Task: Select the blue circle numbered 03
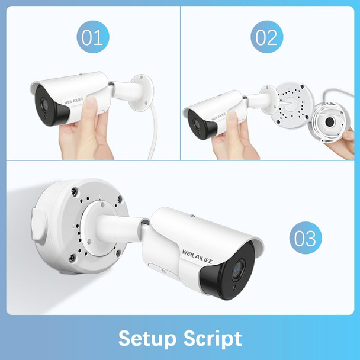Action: coord(306,239)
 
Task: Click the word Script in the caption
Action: coord(213,339)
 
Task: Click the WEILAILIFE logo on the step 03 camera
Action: coord(192,243)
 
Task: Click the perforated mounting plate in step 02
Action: coord(290,106)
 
